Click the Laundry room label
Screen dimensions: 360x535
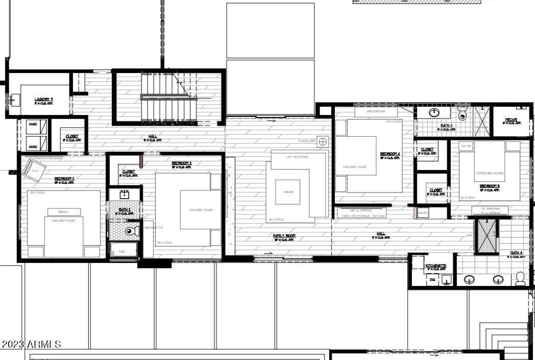[x=44, y=100]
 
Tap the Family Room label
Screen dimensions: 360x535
[x=284, y=236]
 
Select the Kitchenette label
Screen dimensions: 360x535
[x=436, y=266]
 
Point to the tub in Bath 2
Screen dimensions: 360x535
[x=123, y=251]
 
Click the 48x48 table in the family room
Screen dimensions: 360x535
[x=288, y=192]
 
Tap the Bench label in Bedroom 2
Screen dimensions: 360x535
[x=63, y=211]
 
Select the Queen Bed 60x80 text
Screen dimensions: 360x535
[x=490, y=173]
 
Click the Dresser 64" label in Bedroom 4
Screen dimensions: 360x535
[x=375, y=111]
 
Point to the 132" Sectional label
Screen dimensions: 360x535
[x=298, y=157]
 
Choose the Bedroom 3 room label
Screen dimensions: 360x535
[x=181, y=163]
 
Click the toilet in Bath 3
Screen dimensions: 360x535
[x=463, y=113]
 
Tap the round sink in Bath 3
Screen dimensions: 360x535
[x=435, y=112]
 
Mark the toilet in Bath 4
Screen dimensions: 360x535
[x=520, y=278]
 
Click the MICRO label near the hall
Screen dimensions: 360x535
[x=423, y=212]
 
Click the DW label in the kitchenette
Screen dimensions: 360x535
[x=432, y=279]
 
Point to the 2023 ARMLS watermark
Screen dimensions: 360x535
[x=32, y=345]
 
